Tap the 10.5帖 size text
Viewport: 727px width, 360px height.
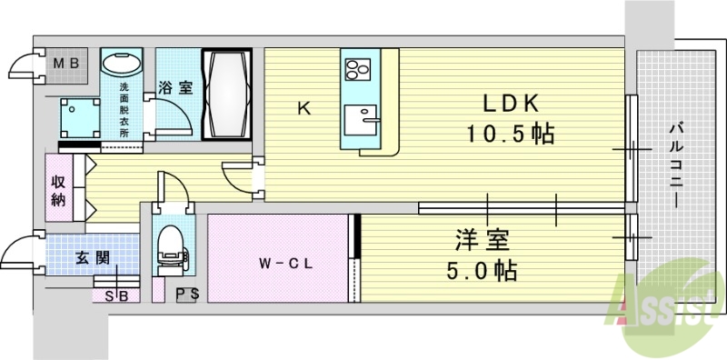[511, 134]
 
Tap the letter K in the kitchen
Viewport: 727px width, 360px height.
[304, 110]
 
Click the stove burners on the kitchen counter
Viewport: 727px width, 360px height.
[355, 69]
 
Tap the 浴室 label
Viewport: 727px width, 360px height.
[175, 88]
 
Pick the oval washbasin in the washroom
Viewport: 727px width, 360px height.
[121, 66]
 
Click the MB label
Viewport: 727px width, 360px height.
[65, 64]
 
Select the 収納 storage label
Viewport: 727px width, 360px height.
[58, 188]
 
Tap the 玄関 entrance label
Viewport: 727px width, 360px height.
[92, 257]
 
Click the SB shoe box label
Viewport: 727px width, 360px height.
[116, 295]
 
